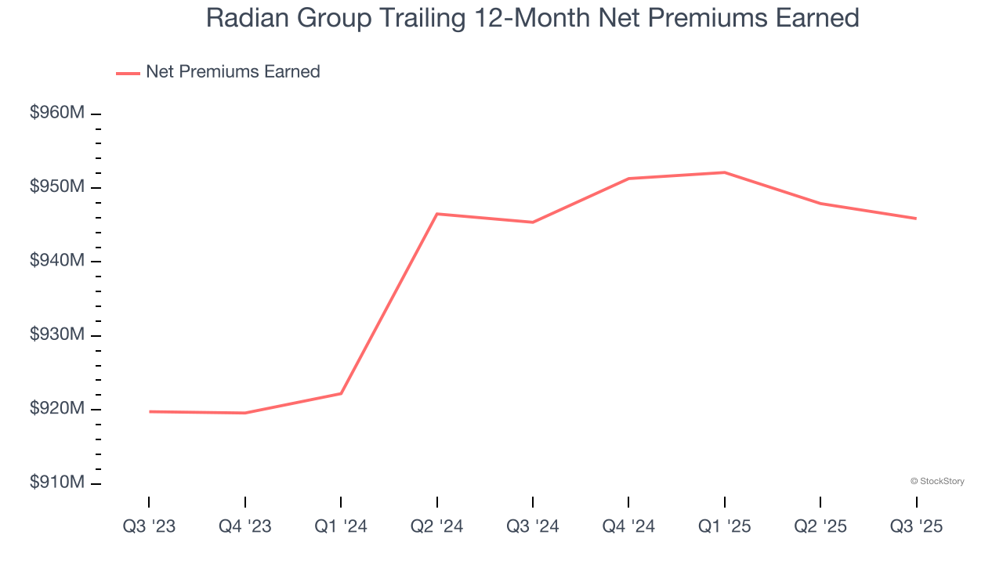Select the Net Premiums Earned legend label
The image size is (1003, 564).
(233, 72)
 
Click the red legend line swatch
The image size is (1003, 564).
(128, 73)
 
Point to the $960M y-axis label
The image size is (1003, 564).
(56, 114)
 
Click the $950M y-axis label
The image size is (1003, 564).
(56, 187)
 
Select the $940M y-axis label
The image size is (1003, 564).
(56, 261)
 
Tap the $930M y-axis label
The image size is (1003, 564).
(56, 335)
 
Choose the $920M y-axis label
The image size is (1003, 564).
(56, 409)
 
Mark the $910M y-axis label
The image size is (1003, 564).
(56, 483)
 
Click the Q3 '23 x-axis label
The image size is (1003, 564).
(149, 526)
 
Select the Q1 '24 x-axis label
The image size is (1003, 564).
(341, 526)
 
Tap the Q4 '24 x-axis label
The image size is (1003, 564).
(628, 526)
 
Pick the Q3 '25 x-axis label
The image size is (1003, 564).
(916, 526)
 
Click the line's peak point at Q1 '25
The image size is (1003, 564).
(724, 172)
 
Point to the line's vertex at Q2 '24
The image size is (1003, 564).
(436, 214)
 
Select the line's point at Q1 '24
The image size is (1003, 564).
(341, 393)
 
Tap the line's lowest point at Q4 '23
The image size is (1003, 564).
(245, 413)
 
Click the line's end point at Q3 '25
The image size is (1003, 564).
(916, 219)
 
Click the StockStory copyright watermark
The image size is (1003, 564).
(937, 481)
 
